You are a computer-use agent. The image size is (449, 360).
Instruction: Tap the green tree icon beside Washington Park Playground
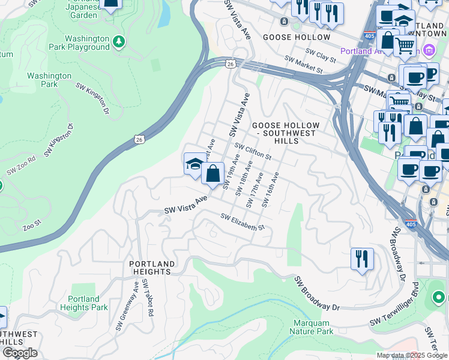pyautogui.click(x=119, y=41)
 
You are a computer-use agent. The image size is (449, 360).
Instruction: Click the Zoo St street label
pyautogui.click(x=31, y=226)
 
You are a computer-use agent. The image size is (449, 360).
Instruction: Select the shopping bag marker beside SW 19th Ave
pyautogui.click(x=212, y=174)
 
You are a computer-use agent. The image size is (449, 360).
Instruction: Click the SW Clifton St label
pyautogui.click(x=253, y=151)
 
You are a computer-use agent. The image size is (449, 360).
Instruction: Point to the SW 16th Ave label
pyautogui.click(x=270, y=190)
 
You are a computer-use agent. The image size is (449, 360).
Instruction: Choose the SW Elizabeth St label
pyautogui.click(x=243, y=222)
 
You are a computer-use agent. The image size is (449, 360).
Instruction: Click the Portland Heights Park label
pyautogui.click(x=84, y=303)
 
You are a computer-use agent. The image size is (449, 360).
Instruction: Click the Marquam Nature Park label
pyautogui.click(x=313, y=327)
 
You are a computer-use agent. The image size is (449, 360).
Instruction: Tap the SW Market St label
pyautogui.click(x=304, y=65)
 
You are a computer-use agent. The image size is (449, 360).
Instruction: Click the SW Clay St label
pyautogui.click(x=318, y=55)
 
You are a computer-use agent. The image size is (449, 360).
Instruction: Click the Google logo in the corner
pyautogui.click(x=19, y=353)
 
